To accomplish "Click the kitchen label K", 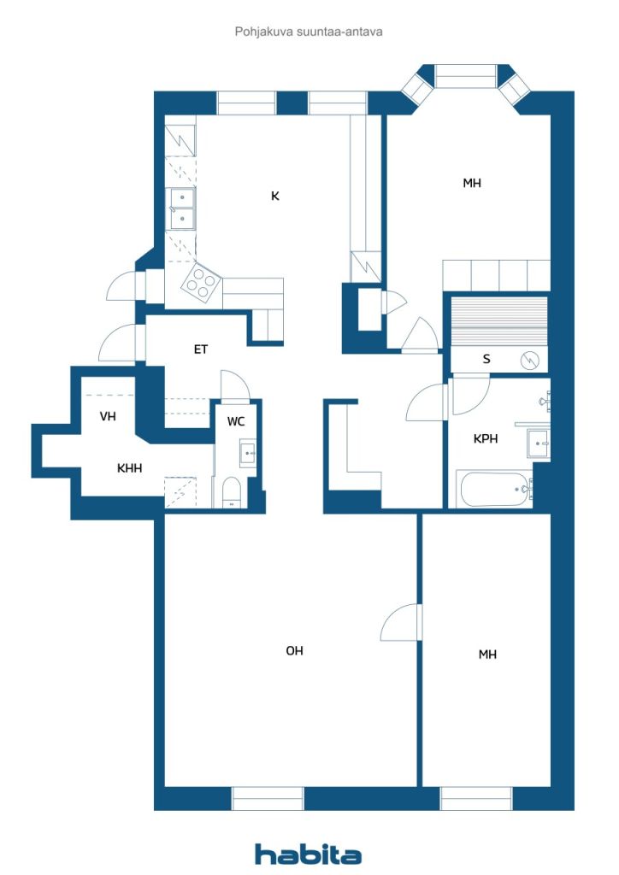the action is pyautogui.click(x=274, y=196).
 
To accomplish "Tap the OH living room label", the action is pyautogui.click(x=294, y=650).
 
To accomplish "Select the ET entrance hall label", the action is pyautogui.click(x=200, y=349).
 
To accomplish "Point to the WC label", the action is pyautogui.click(x=235, y=421).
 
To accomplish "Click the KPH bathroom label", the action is pyautogui.click(x=485, y=438).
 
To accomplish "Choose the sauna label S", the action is pyautogui.click(x=486, y=359).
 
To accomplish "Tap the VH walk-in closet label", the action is pyautogui.click(x=108, y=416).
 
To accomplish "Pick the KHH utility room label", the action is pyautogui.click(x=129, y=468).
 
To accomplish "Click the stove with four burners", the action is pyautogui.click(x=200, y=284).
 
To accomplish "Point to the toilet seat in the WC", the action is pyautogui.click(x=231, y=492).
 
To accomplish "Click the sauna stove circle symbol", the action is pyautogui.click(x=529, y=361).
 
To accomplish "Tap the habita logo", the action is pyautogui.click(x=308, y=854).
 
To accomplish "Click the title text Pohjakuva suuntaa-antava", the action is pyautogui.click(x=309, y=32).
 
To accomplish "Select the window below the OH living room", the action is pyautogui.click(x=268, y=799).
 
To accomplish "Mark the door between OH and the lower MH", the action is pyautogui.click(x=400, y=622).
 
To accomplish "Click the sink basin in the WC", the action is pyautogui.click(x=247, y=453).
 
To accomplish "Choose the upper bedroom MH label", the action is pyautogui.click(x=472, y=183).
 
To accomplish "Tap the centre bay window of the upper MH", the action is pyautogui.click(x=465, y=76).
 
